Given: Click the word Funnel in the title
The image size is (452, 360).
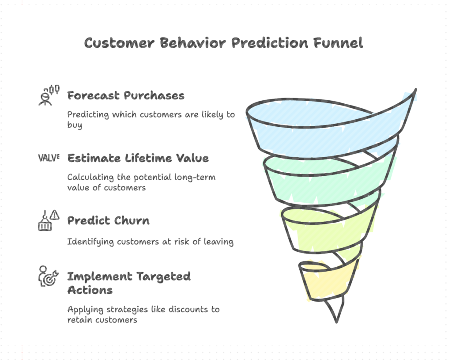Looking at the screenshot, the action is click(338, 43).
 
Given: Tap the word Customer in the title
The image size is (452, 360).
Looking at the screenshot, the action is click(119, 43).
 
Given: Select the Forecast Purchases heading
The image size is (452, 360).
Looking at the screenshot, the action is click(126, 95).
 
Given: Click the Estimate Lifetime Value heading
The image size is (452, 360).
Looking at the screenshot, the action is click(138, 158).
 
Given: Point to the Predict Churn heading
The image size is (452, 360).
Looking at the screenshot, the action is click(109, 221).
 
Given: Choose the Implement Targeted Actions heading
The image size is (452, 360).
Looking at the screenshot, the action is click(129, 283).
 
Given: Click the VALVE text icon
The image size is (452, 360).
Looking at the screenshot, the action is click(49, 158).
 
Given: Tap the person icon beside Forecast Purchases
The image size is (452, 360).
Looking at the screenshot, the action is click(49, 95).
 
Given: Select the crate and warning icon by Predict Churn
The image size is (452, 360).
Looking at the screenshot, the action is click(49, 220).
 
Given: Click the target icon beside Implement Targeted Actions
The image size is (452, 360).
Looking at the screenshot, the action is click(49, 276).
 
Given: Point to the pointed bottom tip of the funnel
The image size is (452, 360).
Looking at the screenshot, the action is click(336, 322).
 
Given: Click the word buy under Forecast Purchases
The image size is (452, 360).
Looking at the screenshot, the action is click(75, 125).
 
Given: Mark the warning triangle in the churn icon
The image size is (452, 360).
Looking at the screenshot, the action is click(54, 215).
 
